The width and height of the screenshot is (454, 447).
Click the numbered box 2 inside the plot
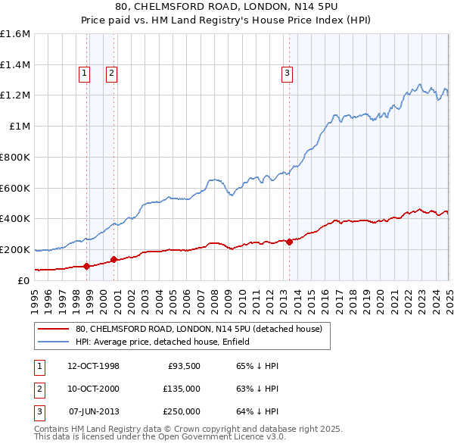(x=110, y=73)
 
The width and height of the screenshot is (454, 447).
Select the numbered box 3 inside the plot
(x=288, y=73)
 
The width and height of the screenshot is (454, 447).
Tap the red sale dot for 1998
(x=86, y=266)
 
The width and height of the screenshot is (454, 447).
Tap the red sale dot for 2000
(x=114, y=259)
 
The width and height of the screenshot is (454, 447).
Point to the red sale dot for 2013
(x=289, y=242)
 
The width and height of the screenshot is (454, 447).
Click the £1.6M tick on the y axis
(x=15, y=34)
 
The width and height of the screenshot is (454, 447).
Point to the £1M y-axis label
(x=19, y=127)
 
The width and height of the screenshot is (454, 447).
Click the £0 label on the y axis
(x=23, y=280)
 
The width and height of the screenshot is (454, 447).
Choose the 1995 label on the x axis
(x=35, y=297)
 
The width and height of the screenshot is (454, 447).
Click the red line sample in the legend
(x=53, y=329)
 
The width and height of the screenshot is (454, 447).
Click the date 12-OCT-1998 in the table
(x=94, y=366)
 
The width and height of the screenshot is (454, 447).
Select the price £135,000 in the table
(x=182, y=389)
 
